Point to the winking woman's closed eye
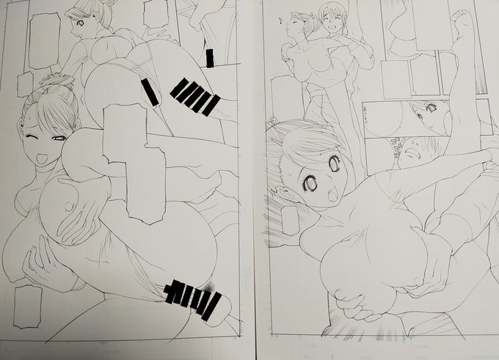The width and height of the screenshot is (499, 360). pyautogui.click(x=33, y=137)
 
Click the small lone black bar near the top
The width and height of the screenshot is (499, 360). pyautogui.click(x=211, y=58)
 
